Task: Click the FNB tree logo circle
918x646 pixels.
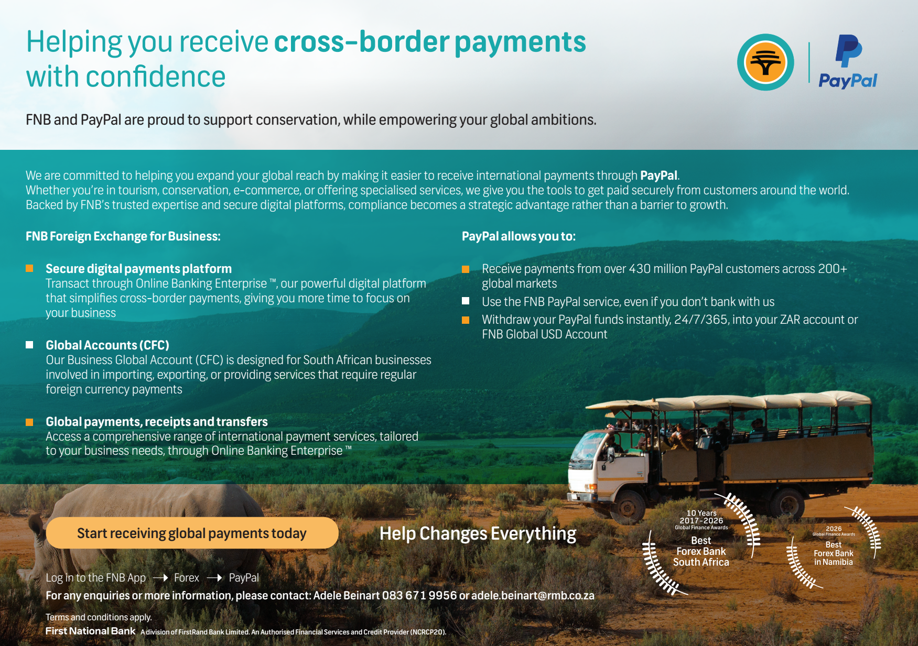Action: point(765,62)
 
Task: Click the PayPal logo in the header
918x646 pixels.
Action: point(848,62)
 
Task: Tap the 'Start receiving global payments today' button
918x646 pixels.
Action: point(192,533)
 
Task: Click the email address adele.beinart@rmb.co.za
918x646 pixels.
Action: point(533,595)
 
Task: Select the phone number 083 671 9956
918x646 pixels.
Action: point(419,595)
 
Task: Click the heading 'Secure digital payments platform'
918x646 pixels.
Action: point(138,269)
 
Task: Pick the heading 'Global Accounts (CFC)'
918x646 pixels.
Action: point(107,345)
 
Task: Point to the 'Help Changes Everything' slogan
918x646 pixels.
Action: point(478,533)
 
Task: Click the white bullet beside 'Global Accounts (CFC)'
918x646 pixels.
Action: point(29,345)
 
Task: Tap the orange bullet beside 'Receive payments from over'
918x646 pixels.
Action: point(466,269)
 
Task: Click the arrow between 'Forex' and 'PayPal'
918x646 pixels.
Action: point(214,578)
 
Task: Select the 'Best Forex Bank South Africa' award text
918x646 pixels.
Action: point(701,551)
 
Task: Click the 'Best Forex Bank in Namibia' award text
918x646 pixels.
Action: point(834,553)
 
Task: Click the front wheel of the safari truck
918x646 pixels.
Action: point(628,506)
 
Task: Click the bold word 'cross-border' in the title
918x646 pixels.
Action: point(362,42)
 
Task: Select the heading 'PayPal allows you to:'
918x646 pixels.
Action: point(519,236)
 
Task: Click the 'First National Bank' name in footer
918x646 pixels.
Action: point(90,631)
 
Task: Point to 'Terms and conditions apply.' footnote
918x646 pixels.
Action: point(99,617)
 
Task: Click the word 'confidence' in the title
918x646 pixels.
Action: point(156,76)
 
